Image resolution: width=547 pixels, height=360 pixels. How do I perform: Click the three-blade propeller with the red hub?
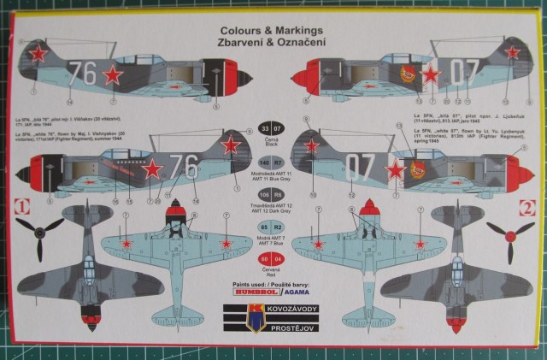click(x=509, y=233)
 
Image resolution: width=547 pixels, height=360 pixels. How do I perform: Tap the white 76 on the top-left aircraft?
click(x=83, y=73)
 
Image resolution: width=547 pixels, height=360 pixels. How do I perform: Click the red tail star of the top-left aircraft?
click(x=37, y=55)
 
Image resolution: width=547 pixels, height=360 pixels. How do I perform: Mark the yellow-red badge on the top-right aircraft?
click(x=408, y=76)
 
